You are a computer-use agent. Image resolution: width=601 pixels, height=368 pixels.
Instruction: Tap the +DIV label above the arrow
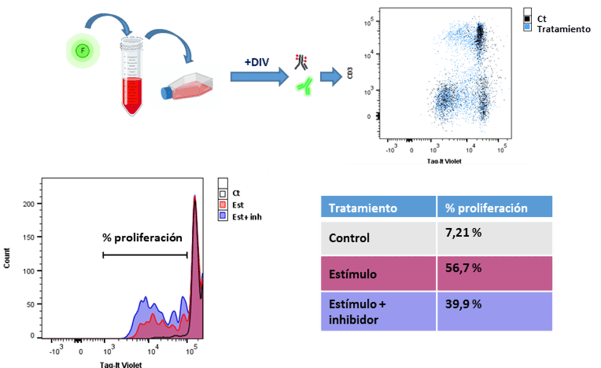point(257,62)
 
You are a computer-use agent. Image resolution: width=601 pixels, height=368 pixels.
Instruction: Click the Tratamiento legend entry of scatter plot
point(563,29)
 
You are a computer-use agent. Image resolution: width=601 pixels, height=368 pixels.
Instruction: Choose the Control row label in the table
point(349,238)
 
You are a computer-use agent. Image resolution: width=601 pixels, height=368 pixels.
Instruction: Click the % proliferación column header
point(486,208)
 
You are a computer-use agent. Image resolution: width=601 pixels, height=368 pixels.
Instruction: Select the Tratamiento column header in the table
point(363,208)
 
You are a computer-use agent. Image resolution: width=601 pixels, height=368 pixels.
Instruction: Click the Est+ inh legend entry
point(247,217)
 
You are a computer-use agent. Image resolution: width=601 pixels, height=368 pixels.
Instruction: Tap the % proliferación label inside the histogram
point(142,238)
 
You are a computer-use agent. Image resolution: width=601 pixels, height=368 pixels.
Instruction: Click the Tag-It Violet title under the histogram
point(120,364)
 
